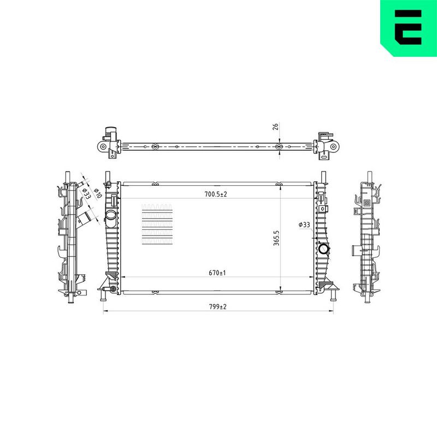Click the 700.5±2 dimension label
pos(216,194)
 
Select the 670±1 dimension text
pos(217,273)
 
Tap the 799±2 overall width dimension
pos(218,306)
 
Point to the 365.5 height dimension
pos(276,238)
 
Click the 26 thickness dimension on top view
pos(275,127)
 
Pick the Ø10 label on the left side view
pos(98,193)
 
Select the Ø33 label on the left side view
pos(86,193)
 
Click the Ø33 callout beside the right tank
pos(304,225)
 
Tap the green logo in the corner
pos(409,28)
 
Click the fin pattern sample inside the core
pos(157,225)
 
